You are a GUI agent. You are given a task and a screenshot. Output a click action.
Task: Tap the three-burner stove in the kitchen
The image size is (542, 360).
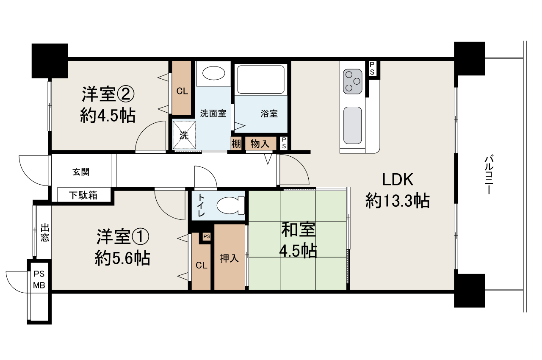tap(352, 80)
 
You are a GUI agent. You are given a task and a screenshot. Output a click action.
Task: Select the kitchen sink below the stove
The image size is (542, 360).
tap(352, 125)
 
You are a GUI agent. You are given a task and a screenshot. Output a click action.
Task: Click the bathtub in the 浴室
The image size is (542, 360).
tap(260, 79)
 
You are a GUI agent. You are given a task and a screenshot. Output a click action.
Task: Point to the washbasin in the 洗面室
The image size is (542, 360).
tap(214, 73)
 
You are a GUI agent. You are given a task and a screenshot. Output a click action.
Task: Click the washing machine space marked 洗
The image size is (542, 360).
tap(184, 135)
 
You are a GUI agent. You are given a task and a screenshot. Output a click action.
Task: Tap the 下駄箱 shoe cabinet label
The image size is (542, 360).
tap(83, 195)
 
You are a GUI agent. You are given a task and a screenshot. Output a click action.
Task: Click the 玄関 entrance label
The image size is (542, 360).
tap(81, 172)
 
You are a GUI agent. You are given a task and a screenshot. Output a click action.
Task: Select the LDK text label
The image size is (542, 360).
tap(398, 180)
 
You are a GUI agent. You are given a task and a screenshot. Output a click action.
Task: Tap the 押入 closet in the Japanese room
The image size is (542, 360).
tap(230, 258)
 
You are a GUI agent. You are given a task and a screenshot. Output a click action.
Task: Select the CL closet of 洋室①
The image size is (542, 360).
tap(201, 266)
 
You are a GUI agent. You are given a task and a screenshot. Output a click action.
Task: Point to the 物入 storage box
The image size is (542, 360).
tap(260, 144)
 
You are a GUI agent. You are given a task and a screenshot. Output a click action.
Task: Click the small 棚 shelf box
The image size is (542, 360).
tap(236, 144)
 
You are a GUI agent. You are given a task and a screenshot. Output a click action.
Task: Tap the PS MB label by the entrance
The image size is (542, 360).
tap(39, 280)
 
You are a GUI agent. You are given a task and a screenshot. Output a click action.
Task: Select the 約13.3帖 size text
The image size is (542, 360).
tap(398, 201)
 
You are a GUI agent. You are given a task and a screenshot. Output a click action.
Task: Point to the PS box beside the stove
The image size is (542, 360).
tap(372, 68)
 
